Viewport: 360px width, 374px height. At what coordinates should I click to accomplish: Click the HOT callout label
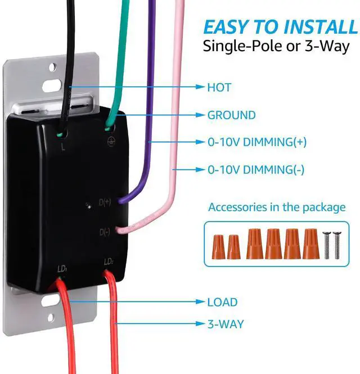pos(219,87)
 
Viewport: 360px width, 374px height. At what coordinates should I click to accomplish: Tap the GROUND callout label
pos(232,115)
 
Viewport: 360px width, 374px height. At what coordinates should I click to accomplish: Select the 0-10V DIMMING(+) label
pos(257,142)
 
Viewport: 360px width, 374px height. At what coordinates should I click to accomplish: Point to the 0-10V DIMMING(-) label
pos(256,170)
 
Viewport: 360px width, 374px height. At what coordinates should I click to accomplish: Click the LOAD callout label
pos(222,302)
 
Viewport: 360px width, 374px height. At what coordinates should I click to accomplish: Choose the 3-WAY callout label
pos(226,324)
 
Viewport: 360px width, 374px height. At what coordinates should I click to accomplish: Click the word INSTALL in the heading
pos(321,27)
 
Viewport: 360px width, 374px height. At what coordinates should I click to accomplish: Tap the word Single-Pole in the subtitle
pos(244,46)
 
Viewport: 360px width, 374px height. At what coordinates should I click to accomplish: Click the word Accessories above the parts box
pos(237,208)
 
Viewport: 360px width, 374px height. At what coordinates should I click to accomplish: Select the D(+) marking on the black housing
pos(105,202)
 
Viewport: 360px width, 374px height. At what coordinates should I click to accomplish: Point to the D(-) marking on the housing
pos(105,232)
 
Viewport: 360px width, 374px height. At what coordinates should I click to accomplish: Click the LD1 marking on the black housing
pos(62,269)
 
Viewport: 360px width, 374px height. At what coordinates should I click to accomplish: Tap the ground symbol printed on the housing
pos(111,142)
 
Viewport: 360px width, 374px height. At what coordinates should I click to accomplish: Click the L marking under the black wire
pos(63,147)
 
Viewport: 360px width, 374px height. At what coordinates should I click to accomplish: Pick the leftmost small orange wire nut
pos(218,247)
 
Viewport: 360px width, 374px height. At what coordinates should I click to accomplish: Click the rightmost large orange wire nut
pos(311,244)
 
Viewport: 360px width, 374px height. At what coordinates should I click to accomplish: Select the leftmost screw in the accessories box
pos(327,245)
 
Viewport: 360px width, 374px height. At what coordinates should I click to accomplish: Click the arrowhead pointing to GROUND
pos(200,115)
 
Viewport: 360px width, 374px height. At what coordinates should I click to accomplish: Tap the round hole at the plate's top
pos(53,67)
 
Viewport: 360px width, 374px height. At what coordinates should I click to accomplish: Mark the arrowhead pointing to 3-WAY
pos(200,324)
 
